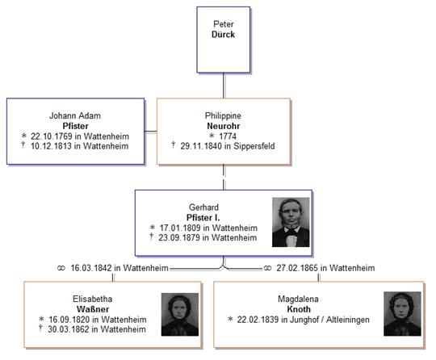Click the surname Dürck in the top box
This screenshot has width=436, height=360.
(x=223, y=35)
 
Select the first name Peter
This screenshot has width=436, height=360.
(x=224, y=24)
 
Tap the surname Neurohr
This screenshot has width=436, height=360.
(x=224, y=126)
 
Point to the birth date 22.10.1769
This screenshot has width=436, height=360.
(x=51, y=136)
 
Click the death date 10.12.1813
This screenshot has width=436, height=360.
(x=51, y=146)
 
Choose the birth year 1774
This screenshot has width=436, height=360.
(x=228, y=136)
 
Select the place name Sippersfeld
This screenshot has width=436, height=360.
(x=254, y=146)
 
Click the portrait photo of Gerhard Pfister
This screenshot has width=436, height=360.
(x=291, y=222)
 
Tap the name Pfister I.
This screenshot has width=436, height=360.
(x=203, y=217)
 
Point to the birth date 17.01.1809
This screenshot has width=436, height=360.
(x=180, y=228)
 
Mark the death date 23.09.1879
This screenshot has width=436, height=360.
(x=179, y=237)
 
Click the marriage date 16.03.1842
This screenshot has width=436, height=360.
(x=91, y=268)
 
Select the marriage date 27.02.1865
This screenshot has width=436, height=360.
(x=297, y=268)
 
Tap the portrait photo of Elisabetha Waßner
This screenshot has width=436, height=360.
(x=180, y=315)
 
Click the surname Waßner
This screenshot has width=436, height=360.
(x=93, y=309)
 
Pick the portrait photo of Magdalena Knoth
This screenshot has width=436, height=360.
(x=402, y=314)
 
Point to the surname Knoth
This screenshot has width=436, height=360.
(x=299, y=309)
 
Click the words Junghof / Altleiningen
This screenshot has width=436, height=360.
(x=329, y=320)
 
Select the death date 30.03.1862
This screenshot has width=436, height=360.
(x=69, y=329)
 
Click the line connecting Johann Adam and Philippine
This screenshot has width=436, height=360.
(x=151, y=132)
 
